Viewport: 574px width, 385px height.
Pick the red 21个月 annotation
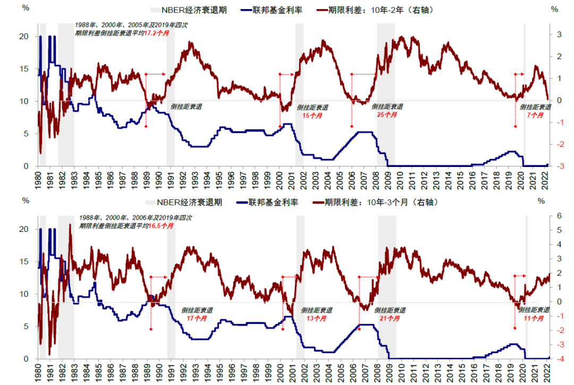click(390, 319)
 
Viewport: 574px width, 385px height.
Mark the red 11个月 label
click(534, 319)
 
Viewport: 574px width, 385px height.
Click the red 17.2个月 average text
click(159, 32)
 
